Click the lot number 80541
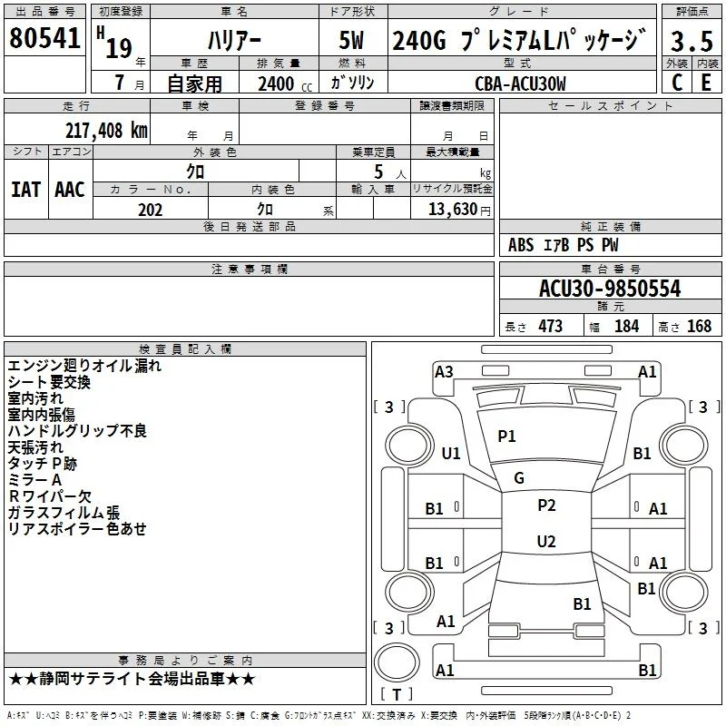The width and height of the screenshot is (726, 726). (44, 38)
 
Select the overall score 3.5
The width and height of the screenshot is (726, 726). (692, 42)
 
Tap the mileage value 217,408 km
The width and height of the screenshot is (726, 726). (106, 131)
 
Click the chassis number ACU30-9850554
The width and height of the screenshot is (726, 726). (610, 289)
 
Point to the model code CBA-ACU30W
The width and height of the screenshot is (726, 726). (520, 83)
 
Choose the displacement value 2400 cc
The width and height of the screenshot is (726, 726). (285, 84)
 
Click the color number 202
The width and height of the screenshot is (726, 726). (150, 210)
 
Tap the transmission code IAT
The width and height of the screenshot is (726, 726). (25, 190)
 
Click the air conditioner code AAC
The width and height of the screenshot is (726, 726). (70, 190)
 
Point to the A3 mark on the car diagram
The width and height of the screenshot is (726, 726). (444, 372)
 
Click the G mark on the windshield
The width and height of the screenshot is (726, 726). (519, 478)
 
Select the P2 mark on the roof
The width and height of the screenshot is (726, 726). (546, 505)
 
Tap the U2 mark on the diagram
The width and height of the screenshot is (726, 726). (546, 541)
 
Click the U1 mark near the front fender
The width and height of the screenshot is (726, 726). (451, 453)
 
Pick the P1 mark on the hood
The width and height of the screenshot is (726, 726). (506, 437)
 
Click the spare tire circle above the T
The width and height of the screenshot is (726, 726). (396, 662)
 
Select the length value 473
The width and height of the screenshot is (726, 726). (551, 326)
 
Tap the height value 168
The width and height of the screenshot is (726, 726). (699, 326)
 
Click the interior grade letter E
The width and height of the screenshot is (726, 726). (706, 83)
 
